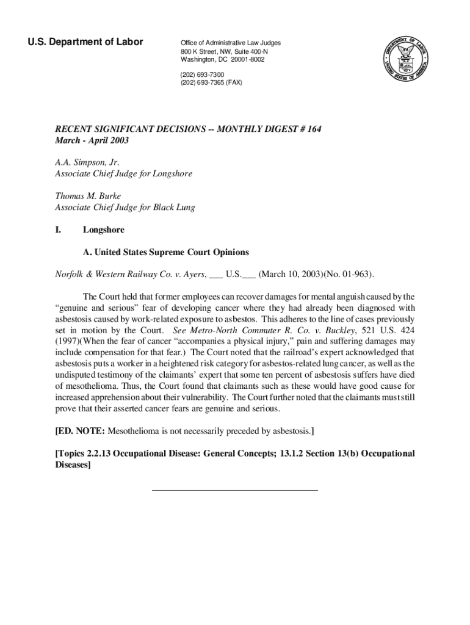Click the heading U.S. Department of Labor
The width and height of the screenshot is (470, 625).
[x=85, y=42]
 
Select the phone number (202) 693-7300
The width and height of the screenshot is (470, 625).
[x=198, y=74]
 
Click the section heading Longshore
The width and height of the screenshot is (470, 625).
[x=103, y=230]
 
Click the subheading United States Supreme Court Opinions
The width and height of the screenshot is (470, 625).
[x=166, y=252]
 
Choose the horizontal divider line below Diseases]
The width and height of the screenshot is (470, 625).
[x=234, y=490]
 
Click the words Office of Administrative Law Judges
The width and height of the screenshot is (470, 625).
[x=230, y=43]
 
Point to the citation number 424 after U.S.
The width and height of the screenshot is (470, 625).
[x=407, y=330]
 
